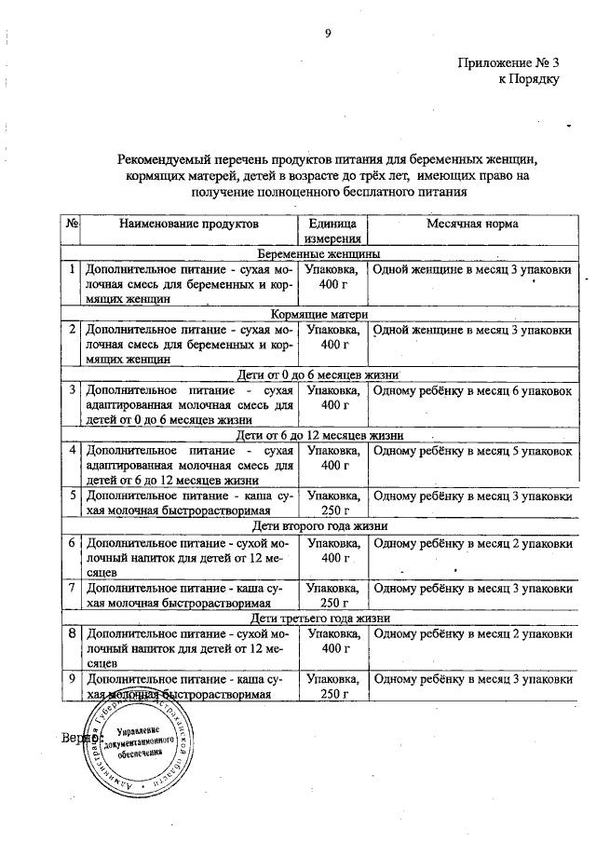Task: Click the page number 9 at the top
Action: pos(328,35)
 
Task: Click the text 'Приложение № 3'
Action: pos(509,63)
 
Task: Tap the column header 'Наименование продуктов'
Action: pos(187,224)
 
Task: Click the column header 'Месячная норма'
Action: pos(472,224)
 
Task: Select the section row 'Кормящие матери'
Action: pos(319,314)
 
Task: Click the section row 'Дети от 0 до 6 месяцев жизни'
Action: pos(319,374)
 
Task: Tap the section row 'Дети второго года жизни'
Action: pos(319,525)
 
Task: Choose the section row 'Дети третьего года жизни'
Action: pos(319,618)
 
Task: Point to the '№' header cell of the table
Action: pos(72,224)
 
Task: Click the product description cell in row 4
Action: pos(187,466)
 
